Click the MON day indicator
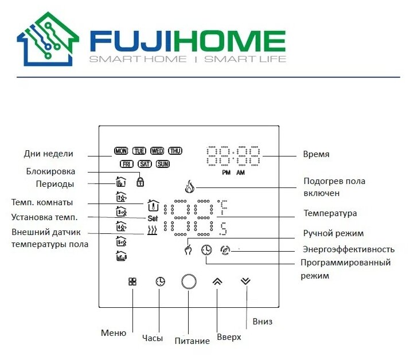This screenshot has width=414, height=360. [x=121, y=151]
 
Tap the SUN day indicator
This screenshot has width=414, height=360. [x=163, y=164]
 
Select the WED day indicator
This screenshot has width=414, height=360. [x=157, y=151]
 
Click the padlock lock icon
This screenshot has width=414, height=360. [x=139, y=182]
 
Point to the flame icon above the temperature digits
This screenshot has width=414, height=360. [x=190, y=186]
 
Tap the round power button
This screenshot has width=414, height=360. [x=189, y=282]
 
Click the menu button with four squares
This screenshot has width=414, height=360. [x=132, y=281]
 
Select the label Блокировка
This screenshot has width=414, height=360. [x=50, y=171]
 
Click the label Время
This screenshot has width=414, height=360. [x=316, y=154]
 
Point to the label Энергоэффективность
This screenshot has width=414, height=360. [x=349, y=249]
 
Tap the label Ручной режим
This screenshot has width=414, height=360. [x=333, y=233]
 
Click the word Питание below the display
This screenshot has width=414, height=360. [x=192, y=341]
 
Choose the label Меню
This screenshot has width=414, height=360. [x=113, y=332]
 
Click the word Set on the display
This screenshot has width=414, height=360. [x=152, y=218]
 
